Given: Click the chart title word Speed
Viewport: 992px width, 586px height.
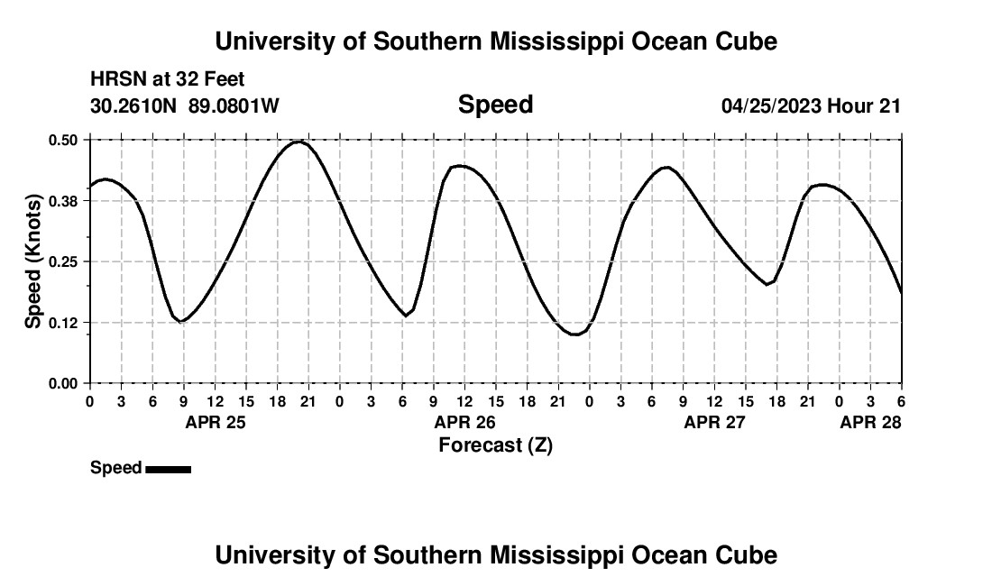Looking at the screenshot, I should click(495, 105).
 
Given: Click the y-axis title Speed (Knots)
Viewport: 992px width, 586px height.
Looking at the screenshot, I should click(33, 261).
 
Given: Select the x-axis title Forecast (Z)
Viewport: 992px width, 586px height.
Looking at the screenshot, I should click(495, 444).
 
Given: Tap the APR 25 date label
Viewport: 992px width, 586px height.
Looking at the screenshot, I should click(216, 422).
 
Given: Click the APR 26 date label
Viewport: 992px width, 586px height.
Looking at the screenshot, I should click(465, 422).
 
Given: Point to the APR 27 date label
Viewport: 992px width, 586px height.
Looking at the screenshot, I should click(715, 422).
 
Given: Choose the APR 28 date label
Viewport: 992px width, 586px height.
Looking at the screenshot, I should click(870, 422).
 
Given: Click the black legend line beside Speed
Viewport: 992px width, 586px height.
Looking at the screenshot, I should click(168, 469).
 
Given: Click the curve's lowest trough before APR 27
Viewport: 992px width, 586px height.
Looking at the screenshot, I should click(574, 334).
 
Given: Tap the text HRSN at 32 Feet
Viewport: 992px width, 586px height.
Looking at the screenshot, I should click(167, 80).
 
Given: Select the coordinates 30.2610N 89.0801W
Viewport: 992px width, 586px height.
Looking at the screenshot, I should click(185, 105).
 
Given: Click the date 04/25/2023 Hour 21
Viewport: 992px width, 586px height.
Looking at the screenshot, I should click(811, 105).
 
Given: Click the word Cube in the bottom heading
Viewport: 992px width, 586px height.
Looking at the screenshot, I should click(750, 554).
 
